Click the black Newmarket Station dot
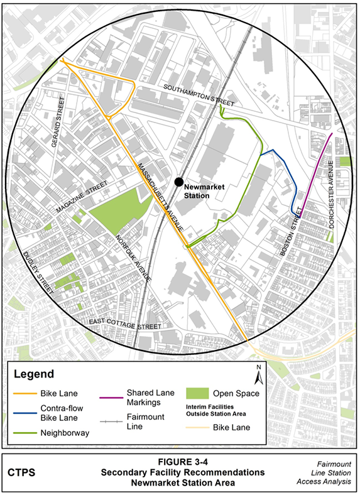[x=179, y=182]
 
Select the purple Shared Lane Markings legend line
[x=112, y=395]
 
